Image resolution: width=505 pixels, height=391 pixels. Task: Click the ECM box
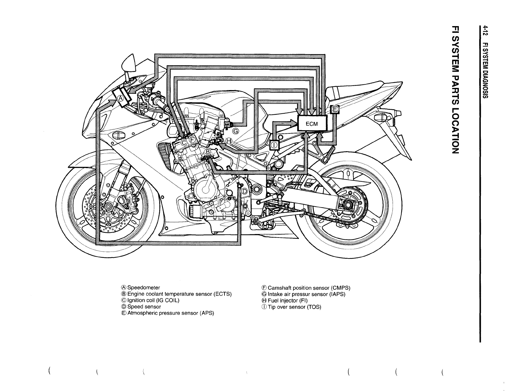(312, 124)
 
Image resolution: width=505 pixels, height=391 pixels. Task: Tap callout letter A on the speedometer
(121, 98)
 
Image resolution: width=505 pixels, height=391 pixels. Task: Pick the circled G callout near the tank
(236, 131)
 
